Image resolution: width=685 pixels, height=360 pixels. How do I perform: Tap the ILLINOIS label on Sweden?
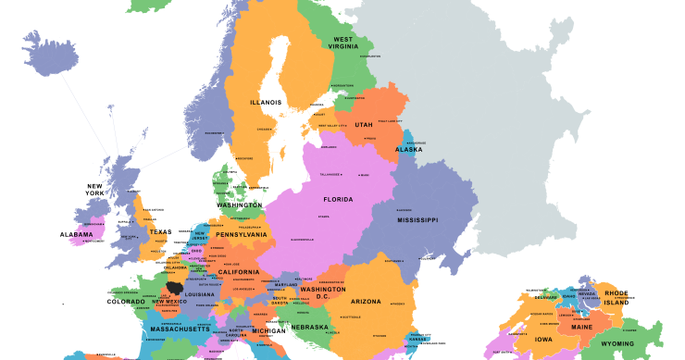pyautogui.click(x=266, y=103)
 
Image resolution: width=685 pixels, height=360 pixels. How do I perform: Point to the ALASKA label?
pyautogui.click(x=409, y=149)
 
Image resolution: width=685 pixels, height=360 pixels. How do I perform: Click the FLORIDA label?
pyautogui.click(x=338, y=199)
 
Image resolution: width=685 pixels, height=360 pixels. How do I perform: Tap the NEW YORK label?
pyautogui.click(x=100, y=192)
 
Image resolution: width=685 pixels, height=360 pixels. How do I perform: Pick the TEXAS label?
pyautogui.click(x=161, y=231)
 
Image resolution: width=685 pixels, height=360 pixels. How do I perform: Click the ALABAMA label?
pyautogui.click(x=77, y=235)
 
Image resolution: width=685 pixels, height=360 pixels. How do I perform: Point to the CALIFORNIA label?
pyautogui.click(x=239, y=272)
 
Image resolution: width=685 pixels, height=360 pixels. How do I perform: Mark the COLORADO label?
pyautogui.click(x=125, y=301)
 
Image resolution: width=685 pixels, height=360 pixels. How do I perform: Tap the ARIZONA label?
pyautogui.click(x=366, y=301)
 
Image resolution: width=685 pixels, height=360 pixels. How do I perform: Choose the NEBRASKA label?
pyautogui.click(x=310, y=327)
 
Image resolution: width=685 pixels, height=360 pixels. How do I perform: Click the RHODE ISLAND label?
pyautogui.click(x=616, y=297)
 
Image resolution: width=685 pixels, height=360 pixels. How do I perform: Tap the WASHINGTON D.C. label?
pyautogui.click(x=323, y=293)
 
